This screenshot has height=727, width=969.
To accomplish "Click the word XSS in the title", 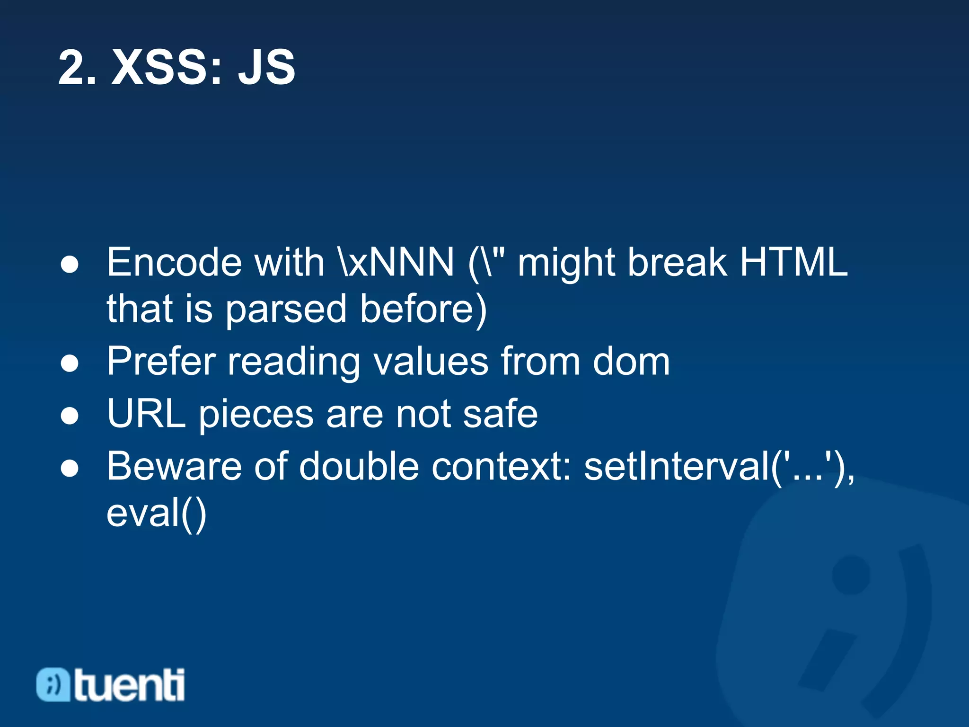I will click(x=166, y=68).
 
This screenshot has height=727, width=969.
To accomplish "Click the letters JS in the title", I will click(x=266, y=68).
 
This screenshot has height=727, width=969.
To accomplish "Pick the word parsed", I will click(x=286, y=309).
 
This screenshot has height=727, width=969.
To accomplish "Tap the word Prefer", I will click(x=161, y=362).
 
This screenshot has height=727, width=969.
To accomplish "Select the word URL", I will click(x=146, y=414).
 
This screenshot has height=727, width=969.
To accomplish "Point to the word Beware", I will click(x=174, y=466).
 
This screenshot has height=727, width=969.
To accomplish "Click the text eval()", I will click(x=157, y=514).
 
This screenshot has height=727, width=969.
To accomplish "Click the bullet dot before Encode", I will click(x=70, y=265).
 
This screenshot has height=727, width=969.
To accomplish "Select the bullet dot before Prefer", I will click(x=70, y=364).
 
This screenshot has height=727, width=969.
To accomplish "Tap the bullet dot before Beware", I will click(x=70, y=469).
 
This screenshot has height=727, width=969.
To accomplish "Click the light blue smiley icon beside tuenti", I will click(x=53, y=684).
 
